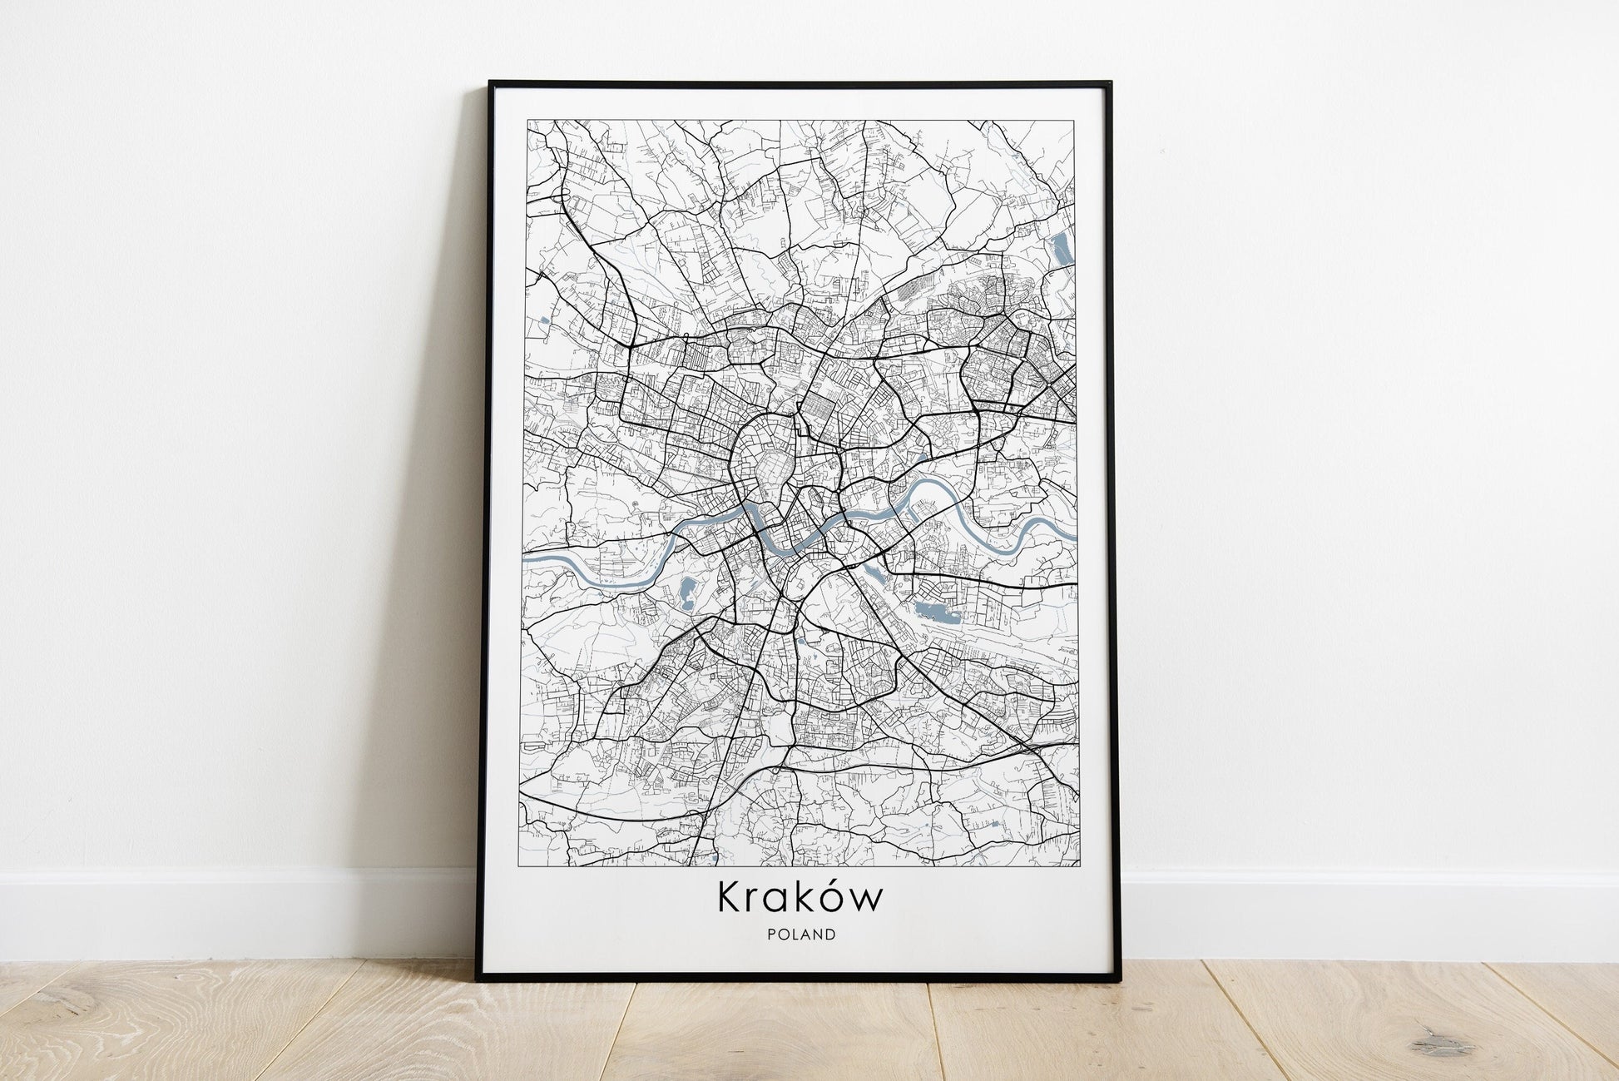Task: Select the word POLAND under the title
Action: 802,935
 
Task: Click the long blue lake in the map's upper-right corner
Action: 1059,246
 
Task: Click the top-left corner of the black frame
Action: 491,83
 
